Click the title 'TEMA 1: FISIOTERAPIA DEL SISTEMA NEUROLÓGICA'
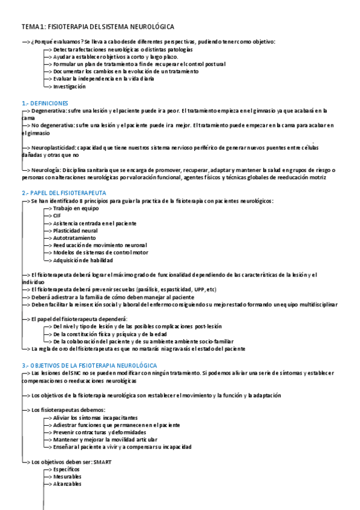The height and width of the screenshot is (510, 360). pos(97,27)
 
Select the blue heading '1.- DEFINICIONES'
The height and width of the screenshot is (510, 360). pos(45,103)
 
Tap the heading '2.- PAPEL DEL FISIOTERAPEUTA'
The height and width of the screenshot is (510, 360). pos(64,192)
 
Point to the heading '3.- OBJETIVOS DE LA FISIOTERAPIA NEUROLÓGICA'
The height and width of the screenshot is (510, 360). pos(90,366)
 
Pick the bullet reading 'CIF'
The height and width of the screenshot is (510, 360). pos(57,215)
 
